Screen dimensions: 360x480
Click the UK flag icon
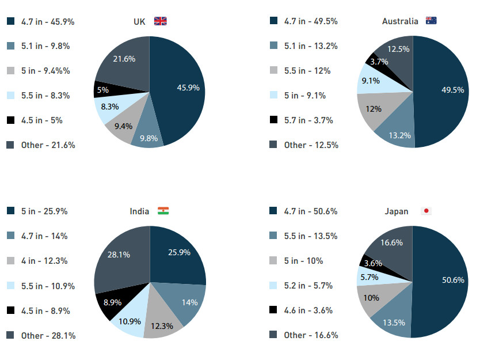pos(160,21)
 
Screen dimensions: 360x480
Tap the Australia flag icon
pos(431,21)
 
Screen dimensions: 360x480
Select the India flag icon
pos(163,211)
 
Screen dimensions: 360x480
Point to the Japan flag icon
pos(426,211)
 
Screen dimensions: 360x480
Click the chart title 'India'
pos(139,211)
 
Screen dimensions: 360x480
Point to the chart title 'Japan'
pos(397,211)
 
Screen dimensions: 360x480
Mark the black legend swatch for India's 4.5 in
pos(10,310)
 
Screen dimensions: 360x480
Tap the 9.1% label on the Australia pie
pos(370,81)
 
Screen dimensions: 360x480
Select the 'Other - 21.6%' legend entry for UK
pos(48,145)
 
